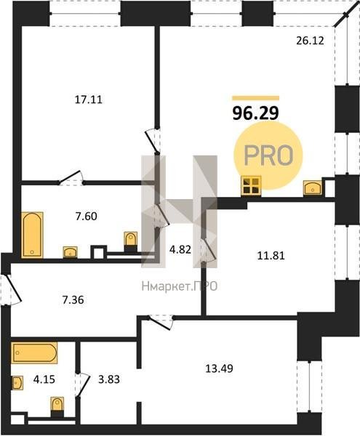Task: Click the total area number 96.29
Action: tap(255, 113)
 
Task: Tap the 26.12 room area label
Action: tap(310, 41)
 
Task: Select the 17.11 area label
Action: tap(89, 100)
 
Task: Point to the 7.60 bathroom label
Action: tap(87, 216)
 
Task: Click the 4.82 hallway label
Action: tap(180, 249)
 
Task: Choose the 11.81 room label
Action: tap(271, 256)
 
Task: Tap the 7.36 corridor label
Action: tap(73, 300)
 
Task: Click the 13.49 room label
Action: tap(219, 368)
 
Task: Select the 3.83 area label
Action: tap(109, 379)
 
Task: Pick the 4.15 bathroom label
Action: tap(44, 379)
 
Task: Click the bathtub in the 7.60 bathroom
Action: tap(32, 235)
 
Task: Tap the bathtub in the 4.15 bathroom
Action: tap(34, 353)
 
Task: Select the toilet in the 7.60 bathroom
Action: tap(130, 241)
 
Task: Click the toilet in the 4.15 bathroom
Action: tap(57, 407)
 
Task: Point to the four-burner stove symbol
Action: tap(251, 186)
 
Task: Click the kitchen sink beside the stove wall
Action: tap(313, 188)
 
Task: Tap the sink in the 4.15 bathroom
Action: tap(17, 383)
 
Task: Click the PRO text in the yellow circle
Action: tap(268, 156)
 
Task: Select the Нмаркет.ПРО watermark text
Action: tap(180, 286)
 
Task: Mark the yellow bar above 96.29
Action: tap(256, 98)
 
